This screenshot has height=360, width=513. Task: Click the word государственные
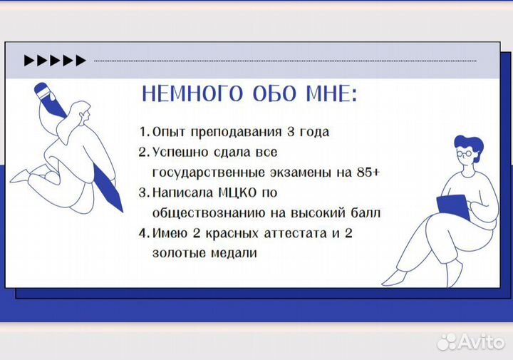pos(205,173)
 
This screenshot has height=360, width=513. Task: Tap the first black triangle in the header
pos(29,61)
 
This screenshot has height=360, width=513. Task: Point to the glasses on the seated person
pos(464,154)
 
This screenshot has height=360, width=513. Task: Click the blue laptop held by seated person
pos(452,205)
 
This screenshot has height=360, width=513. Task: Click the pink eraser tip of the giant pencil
pos(42,91)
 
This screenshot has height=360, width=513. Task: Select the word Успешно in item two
pos(175,153)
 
